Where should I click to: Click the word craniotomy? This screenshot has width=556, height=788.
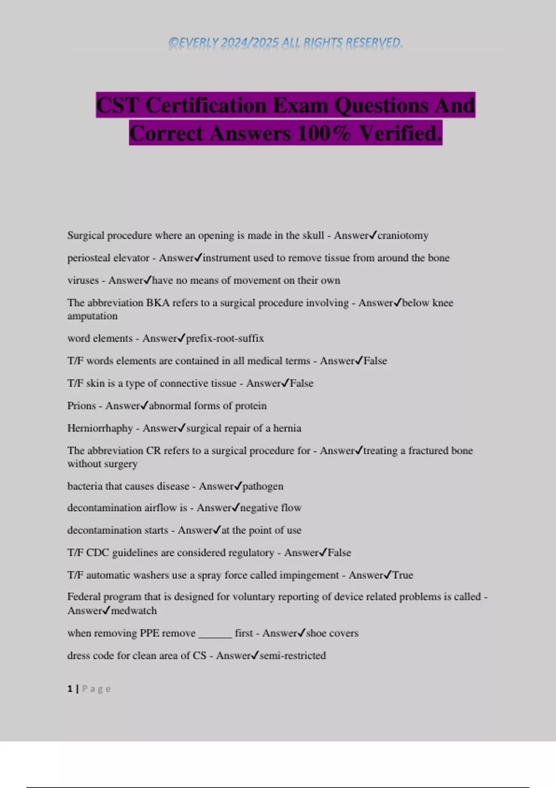403,235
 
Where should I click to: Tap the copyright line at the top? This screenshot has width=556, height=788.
285,43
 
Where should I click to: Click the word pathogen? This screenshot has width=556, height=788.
263,486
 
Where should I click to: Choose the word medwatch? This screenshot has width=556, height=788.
134,610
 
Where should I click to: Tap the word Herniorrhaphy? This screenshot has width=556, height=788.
100,428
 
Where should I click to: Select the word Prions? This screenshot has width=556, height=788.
82,406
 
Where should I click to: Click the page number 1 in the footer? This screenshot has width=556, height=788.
70,689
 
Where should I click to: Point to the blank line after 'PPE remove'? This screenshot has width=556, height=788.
215,634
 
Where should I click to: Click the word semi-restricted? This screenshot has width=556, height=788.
292,655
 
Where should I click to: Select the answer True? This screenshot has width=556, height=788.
403,575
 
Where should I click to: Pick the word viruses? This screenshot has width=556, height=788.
83,280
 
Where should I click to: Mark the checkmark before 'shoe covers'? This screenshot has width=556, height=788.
301,633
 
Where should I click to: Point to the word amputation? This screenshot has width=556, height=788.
92,316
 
